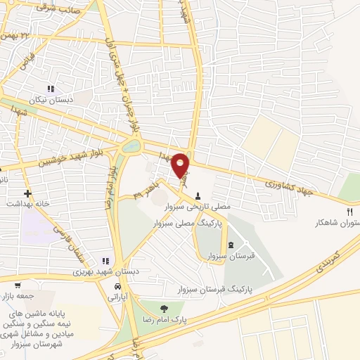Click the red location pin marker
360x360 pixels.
point(181,165)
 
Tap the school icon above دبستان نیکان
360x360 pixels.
point(50,89)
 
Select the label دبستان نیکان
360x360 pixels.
point(51,100)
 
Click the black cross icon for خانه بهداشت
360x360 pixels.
point(27,193)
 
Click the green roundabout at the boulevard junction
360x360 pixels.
point(130,147)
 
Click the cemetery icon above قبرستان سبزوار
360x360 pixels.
point(231,244)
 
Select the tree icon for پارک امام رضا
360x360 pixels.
point(164,308)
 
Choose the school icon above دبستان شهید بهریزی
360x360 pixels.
point(106,261)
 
